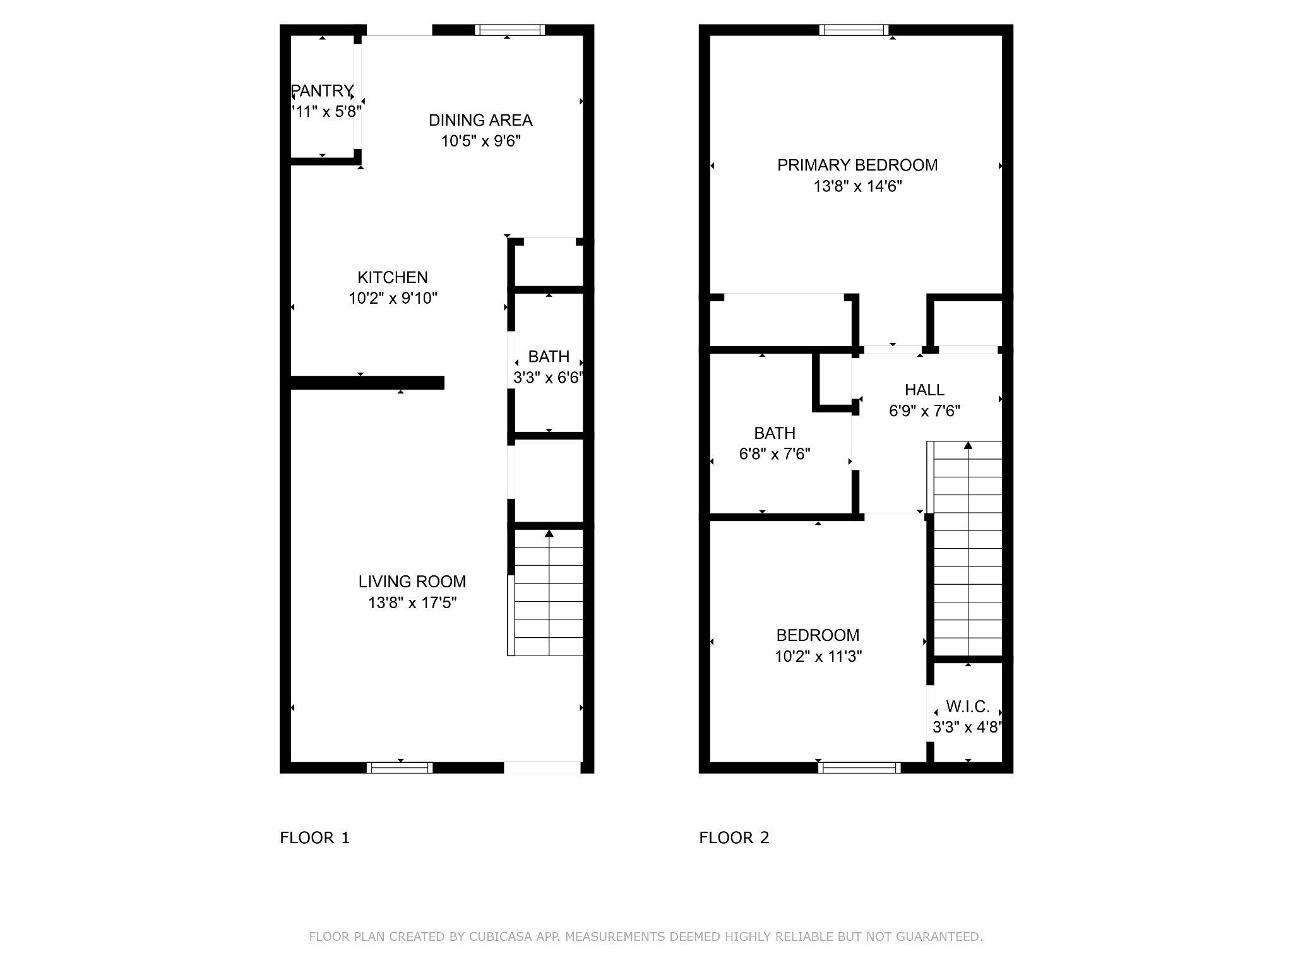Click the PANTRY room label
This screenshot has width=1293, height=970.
[x=322, y=91]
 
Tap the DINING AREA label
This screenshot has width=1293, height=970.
[x=480, y=120]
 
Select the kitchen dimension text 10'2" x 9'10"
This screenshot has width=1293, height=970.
[x=393, y=298]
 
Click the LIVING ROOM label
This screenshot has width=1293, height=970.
[x=412, y=582]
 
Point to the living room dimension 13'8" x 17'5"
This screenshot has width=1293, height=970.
[x=412, y=602]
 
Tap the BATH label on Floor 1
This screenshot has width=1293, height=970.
[x=549, y=357]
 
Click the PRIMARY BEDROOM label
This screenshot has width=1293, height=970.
[x=857, y=165]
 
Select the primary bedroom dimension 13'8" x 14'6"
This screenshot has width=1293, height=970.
[x=857, y=186]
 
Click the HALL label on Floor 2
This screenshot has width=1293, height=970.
[x=924, y=390]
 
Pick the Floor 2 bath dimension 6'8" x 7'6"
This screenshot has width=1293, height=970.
[x=775, y=454]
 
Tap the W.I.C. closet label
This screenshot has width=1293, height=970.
[x=967, y=706]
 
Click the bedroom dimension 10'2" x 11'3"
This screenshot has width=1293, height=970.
[x=818, y=656]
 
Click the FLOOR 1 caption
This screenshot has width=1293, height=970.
[x=314, y=837]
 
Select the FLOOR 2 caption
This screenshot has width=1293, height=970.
[x=734, y=837]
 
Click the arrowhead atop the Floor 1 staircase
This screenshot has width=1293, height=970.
[x=549, y=534]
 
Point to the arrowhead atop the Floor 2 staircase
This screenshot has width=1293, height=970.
[x=968, y=445]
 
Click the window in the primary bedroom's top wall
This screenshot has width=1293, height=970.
[x=854, y=30]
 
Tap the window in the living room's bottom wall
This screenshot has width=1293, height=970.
[x=400, y=768]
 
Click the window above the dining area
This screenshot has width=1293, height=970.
[x=509, y=30]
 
